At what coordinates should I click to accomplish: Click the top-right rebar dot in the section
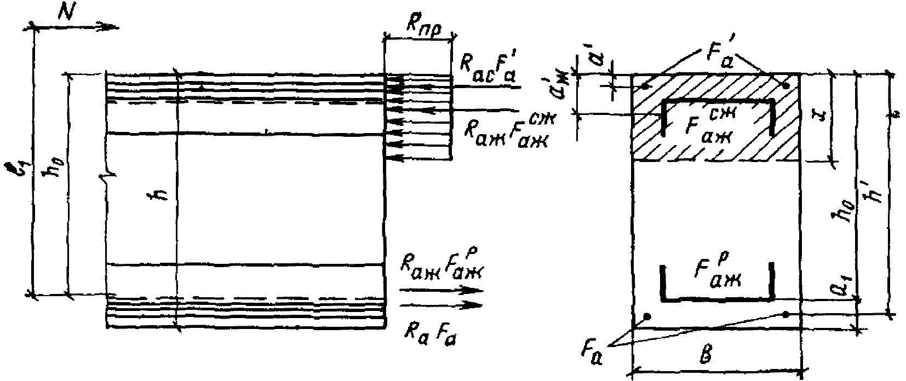(x=787, y=86)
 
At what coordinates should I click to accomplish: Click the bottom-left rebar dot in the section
(x=647, y=316)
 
